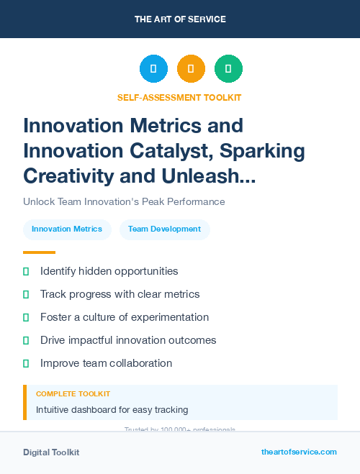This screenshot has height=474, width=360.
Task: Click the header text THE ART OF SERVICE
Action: tap(180, 19)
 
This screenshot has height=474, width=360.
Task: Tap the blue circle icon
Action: tap(153, 69)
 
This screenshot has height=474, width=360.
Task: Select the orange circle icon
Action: tap(191, 69)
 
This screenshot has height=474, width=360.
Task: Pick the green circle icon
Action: tap(228, 69)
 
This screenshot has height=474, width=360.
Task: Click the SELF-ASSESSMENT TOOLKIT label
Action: tap(179, 97)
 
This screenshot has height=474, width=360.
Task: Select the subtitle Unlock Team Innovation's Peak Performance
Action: tap(124, 201)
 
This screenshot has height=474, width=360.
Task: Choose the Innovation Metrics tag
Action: tap(67, 229)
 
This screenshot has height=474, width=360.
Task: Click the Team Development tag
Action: tap(164, 229)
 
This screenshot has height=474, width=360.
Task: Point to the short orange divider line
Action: tap(39, 252)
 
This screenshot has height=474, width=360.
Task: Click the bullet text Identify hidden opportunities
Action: tap(109, 271)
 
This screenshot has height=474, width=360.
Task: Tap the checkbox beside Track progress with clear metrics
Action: tap(26, 294)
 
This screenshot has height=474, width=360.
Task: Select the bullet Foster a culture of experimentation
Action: tap(125, 317)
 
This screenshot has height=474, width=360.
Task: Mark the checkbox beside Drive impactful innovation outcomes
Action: tap(26, 340)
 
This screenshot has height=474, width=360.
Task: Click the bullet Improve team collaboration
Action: tap(106, 363)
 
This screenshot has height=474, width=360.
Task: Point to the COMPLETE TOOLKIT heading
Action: tap(73, 394)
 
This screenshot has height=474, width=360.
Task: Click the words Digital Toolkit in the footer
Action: tap(51, 452)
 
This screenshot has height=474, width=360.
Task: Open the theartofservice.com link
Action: tap(299, 452)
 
